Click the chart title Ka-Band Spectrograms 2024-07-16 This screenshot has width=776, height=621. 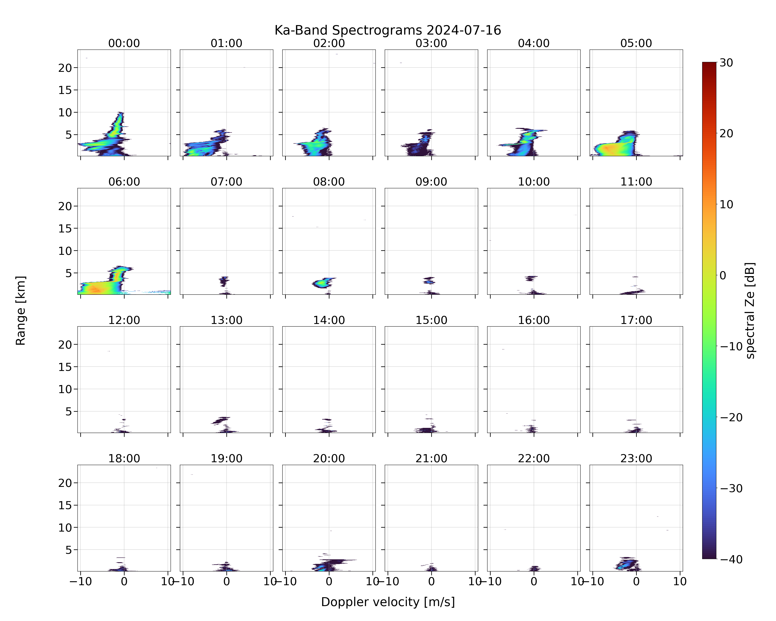pos(388,30)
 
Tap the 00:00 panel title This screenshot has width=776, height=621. pos(124,43)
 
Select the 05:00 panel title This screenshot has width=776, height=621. pos(636,43)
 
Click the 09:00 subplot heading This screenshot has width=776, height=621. pos(431,182)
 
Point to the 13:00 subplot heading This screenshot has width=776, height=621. pos(226,320)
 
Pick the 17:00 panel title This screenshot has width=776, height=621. pos(636,320)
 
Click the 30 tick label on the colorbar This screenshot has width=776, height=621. pos(726,63)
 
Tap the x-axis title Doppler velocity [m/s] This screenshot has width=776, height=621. pos(388,602)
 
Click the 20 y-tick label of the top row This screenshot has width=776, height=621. pos(65,68)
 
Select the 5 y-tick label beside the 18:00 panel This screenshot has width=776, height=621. pos(69,550)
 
